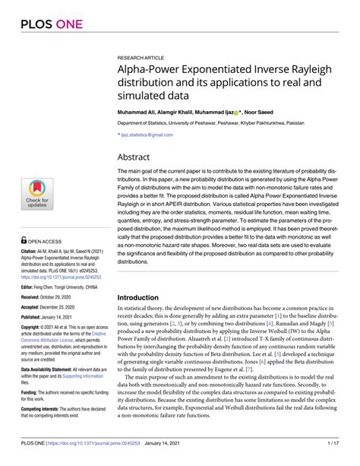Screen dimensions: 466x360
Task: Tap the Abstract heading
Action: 135,157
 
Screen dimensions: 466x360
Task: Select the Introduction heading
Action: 144,298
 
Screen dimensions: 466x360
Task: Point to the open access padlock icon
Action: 24,238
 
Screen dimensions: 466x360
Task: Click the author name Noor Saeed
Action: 283,111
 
